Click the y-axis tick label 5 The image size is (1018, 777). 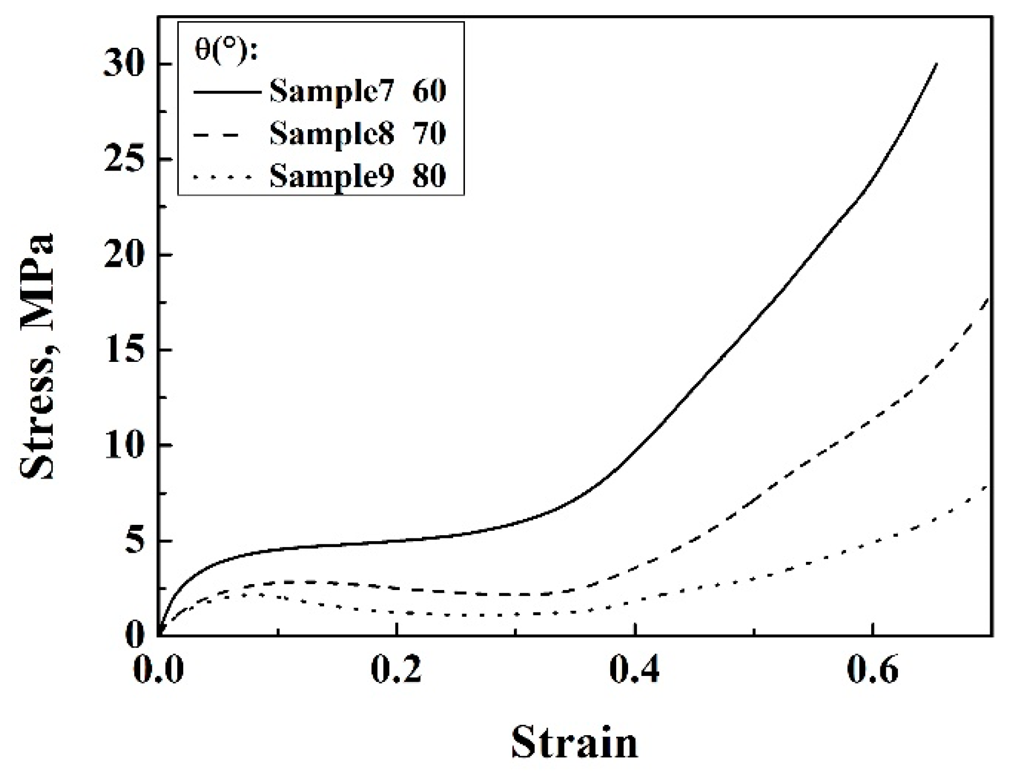pyautogui.click(x=136, y=541)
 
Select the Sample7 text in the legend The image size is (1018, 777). pyautogui.click(x=331, y=91)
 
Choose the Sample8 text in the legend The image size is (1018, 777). pyautogui.click(x=331, y=134)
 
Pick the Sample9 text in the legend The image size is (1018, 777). pyautogui.click(x=331, y=176)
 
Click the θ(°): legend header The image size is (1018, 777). pyautogui.click(x=226, y=52)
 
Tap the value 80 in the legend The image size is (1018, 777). pyautogui.click(x=429, y=176)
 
